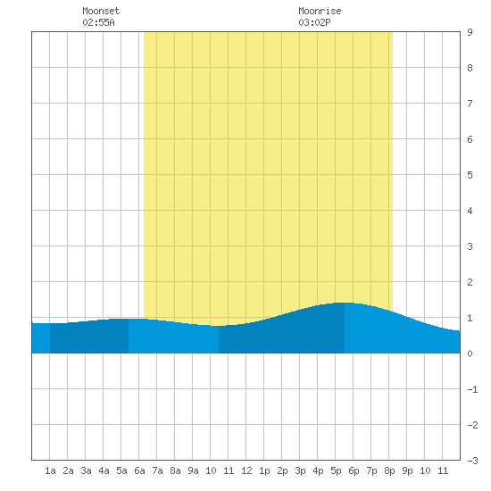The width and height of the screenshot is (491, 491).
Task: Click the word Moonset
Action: [x=101, y=11]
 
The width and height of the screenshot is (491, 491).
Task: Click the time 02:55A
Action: [x=98, y=22]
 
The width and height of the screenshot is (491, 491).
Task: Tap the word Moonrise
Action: [x=320, y=11]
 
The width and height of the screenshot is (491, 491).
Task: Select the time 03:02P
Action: [x=314, y=22]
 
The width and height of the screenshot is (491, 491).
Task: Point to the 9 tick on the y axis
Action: [x=470, y=32]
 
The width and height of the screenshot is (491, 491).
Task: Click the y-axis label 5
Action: [x=470, y=175]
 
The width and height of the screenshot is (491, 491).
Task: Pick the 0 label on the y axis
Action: [x=470, y=354]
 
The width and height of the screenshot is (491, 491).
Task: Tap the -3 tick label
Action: [x=472, y=461]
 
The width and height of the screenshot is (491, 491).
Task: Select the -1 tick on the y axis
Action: [x=472, y=389]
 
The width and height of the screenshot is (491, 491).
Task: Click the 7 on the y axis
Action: [x=470, y=104]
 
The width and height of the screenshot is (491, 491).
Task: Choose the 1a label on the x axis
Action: [x=50, y=470]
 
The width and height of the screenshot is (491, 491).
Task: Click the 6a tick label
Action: [x=139, y=470]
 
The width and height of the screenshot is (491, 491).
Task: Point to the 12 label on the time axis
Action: [x=246, y=470]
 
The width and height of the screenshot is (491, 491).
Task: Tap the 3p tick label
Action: [x=300, y=470]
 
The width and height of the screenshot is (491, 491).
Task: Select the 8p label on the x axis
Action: [x=389, y=470]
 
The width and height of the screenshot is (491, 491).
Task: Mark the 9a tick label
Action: [x=193, y=470]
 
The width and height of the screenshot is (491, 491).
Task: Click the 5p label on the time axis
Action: [x=336, y=470]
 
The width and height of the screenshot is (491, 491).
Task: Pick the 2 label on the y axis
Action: [x=470, y=282]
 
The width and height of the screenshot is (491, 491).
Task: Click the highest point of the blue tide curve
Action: [x=344, y=303]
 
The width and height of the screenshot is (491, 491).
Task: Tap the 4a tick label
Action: [x=104, y=470]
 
